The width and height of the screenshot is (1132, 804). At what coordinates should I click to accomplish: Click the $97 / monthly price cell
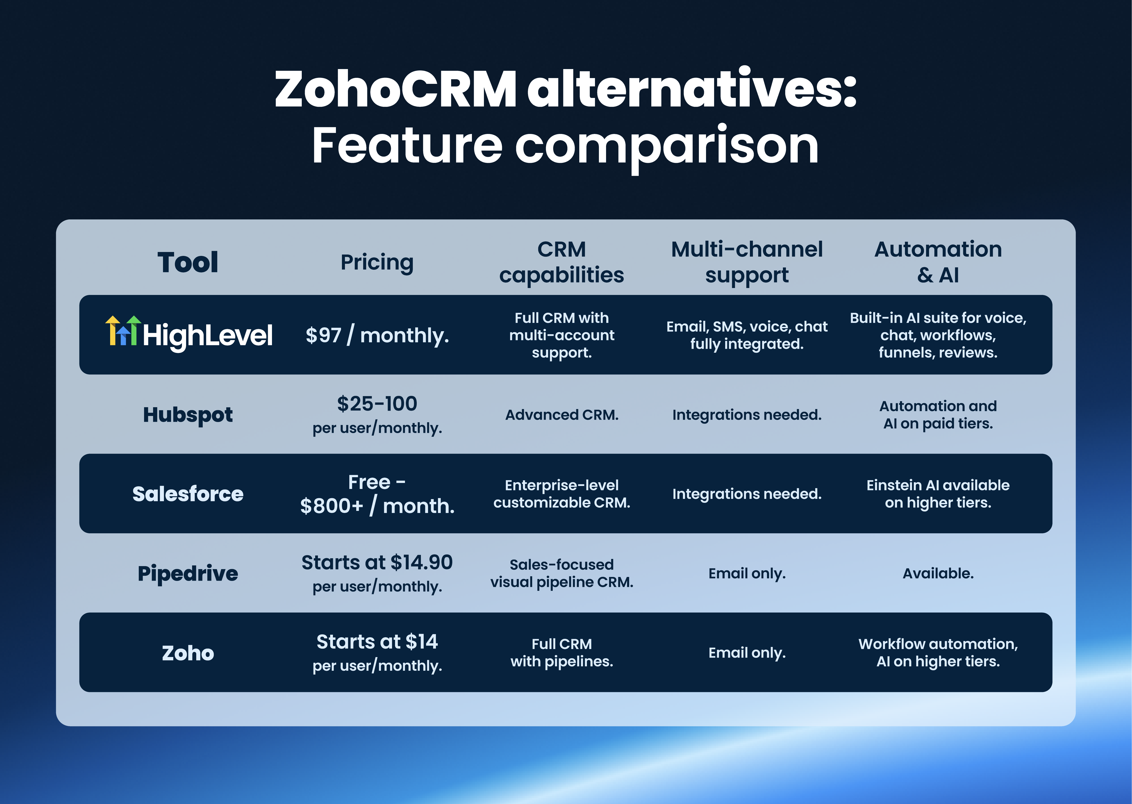coord(377,335)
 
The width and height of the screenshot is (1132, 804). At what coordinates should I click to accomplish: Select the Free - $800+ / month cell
coord(377,494)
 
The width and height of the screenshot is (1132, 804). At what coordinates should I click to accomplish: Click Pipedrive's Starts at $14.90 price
coord(377,563)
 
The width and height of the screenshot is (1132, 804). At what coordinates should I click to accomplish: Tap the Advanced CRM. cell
coord(561,415)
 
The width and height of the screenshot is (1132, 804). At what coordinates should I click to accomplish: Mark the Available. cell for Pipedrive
coord(938,573)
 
